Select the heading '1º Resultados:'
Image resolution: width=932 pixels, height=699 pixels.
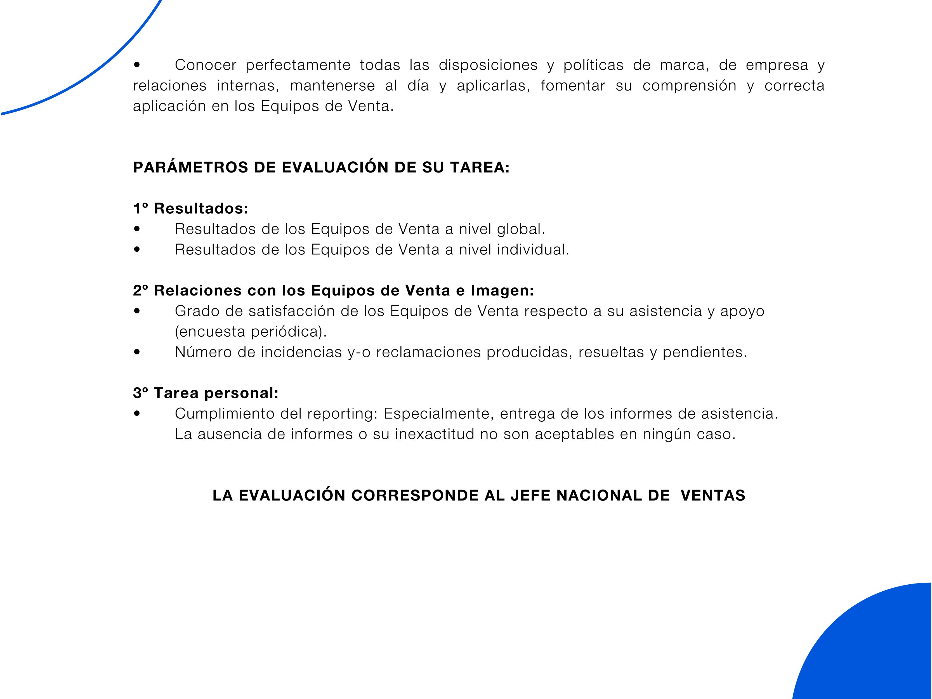[190, 209]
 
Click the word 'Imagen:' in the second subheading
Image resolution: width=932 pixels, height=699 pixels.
[502, 291]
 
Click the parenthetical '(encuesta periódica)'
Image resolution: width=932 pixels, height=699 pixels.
[251, 332]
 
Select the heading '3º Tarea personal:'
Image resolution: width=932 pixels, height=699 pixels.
[206, 393]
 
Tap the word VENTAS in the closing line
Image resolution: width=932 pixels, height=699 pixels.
[713, 495]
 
